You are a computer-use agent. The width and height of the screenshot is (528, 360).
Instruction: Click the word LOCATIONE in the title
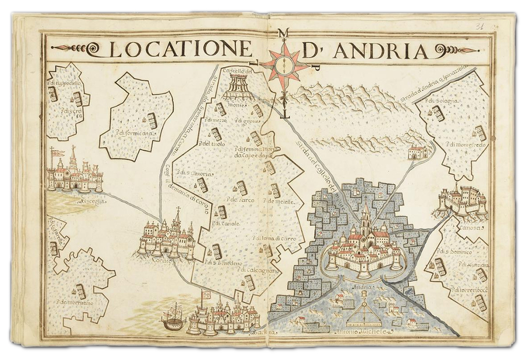(180, 50)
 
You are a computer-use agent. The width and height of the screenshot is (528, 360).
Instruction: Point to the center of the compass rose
(285, 65)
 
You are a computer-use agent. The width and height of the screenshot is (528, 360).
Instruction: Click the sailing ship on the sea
(174, 317)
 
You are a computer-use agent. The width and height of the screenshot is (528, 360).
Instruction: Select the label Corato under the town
(161, 260)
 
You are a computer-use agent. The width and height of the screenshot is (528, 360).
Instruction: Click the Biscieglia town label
(91, 202)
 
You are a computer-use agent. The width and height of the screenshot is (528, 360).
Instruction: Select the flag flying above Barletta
(206, 295)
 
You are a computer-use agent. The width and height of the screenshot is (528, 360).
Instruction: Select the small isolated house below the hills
(418, 152)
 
